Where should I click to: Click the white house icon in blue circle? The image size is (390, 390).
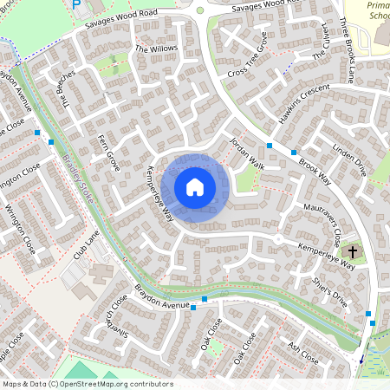195,187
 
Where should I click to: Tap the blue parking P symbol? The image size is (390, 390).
77,4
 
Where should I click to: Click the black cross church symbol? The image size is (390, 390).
352,252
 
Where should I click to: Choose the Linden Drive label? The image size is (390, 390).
349,162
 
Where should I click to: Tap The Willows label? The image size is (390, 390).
156,49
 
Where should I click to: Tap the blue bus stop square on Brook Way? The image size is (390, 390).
270,145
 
